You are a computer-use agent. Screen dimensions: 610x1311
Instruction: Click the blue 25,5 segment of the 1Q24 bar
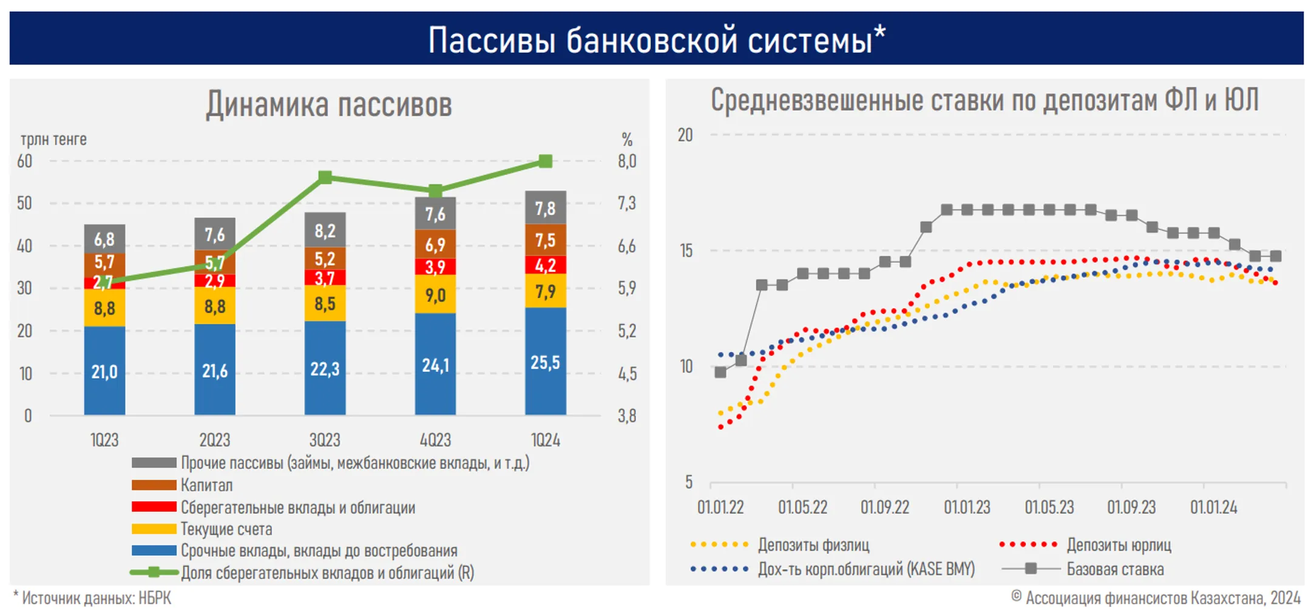[x=545, y=362]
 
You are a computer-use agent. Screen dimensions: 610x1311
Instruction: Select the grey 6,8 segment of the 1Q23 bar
[x=104, y=239]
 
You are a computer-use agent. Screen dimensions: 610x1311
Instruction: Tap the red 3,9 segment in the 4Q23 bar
[x=435, y=266]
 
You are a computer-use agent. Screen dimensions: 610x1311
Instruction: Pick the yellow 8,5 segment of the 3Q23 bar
[x=325, y=303]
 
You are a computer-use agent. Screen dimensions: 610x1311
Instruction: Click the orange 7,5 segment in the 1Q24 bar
[x=545, y=240]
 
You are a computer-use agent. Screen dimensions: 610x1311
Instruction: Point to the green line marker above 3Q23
[x=325, y=177]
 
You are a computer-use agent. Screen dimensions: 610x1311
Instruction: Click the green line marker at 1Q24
[x=545, y=161]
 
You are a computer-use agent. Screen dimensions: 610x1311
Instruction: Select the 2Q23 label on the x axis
[x=215, y=440]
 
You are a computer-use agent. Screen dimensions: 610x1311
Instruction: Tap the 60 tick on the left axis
[x=24, y=161]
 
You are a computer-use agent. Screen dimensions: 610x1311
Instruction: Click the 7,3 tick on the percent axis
[x=627, y=203]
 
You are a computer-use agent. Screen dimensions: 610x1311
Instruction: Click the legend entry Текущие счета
[x=226, y=529]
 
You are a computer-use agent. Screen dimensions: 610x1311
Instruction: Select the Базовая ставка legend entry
[x=1114, y=569]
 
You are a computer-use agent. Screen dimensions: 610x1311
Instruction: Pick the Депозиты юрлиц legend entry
[x=1118, y=545]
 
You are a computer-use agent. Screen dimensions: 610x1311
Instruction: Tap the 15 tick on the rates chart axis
[x=686, y=251]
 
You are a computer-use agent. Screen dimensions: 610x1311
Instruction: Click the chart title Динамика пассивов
[x=328, y=104]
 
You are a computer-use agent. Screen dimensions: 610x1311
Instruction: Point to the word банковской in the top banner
[x=649, y=40]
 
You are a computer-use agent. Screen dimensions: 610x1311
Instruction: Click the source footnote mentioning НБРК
[x=93, y=598]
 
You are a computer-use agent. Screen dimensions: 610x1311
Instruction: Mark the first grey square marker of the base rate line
[x=720, y=372]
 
